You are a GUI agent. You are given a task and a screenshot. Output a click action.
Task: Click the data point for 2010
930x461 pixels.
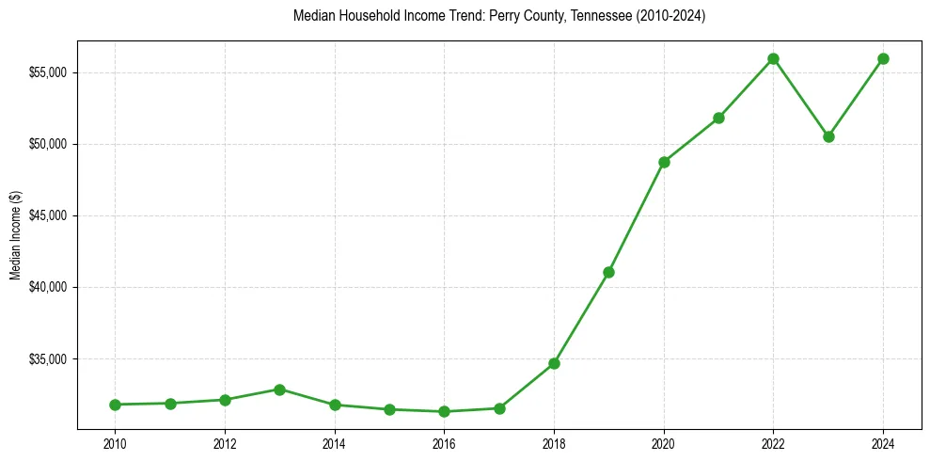115,405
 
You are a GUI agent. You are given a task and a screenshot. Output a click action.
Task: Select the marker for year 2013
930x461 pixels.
279,389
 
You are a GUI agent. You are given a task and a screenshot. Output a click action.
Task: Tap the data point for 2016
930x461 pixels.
444,411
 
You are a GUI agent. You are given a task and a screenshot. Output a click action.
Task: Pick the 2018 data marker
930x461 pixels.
554,363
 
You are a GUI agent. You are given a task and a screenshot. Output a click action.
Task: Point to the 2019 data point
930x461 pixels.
608,272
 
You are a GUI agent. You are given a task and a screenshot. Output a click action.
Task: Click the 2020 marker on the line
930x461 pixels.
664,162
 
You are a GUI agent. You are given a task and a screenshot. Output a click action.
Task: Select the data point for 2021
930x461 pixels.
718,118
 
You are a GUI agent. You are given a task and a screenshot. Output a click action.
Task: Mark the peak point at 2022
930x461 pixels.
773,58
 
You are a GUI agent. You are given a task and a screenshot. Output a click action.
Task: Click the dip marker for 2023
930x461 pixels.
828,136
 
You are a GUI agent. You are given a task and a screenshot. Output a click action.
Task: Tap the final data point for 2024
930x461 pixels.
883,58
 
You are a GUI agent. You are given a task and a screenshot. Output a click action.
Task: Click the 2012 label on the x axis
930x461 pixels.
225,442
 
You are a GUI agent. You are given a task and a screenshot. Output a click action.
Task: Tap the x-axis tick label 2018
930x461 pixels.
554,442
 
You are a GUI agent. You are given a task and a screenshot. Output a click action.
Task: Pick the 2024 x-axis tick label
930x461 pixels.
883,442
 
